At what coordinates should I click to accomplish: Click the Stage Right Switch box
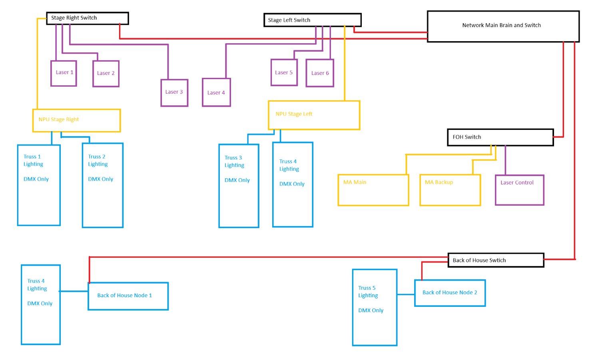(88, 18)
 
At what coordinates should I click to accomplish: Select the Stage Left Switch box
(312, 20)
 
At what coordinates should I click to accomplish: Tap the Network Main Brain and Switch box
(503, 26)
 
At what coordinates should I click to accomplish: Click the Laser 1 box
(64, 73)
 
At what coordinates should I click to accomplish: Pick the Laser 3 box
(174, 93)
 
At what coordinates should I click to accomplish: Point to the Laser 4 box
(216, 92)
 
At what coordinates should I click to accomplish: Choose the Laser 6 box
(320, 73)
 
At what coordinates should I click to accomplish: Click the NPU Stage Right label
(59, 119)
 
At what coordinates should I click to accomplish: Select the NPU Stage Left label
(294, 114)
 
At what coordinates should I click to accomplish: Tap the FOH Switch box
(500, 137)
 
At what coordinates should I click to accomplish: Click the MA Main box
(373, 190)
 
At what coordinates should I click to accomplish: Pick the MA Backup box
(450, 190)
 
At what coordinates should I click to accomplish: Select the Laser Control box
(520, 190)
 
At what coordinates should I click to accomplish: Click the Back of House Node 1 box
(128, 296)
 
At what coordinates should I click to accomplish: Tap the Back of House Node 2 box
(450, 293)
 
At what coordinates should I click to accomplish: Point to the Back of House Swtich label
(479, 261)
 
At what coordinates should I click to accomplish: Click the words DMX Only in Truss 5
(371, 310)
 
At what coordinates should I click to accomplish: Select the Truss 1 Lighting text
(33, 160)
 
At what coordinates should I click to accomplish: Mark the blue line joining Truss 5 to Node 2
(406, 294)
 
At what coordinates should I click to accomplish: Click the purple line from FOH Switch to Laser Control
(505, 160)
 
